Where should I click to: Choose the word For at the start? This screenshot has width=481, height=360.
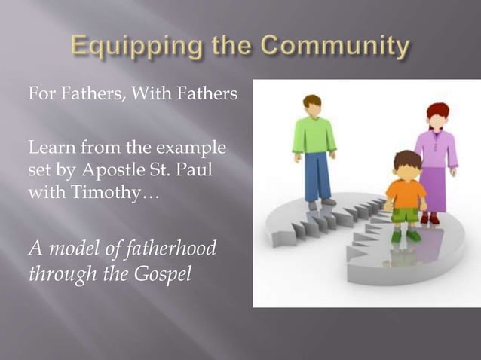point(40,96)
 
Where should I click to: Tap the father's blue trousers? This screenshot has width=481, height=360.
point(316,176)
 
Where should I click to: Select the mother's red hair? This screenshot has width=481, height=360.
point(438,111)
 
